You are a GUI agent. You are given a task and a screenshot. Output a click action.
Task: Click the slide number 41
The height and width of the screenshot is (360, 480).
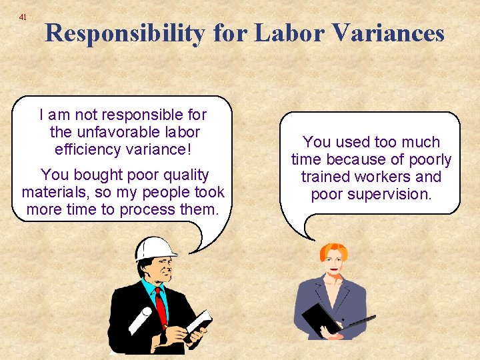[23, 16]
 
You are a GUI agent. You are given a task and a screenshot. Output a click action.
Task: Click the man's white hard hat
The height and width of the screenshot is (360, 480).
[155, 248]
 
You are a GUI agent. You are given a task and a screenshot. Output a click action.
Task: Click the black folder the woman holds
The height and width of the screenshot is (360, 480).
[321, 320]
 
